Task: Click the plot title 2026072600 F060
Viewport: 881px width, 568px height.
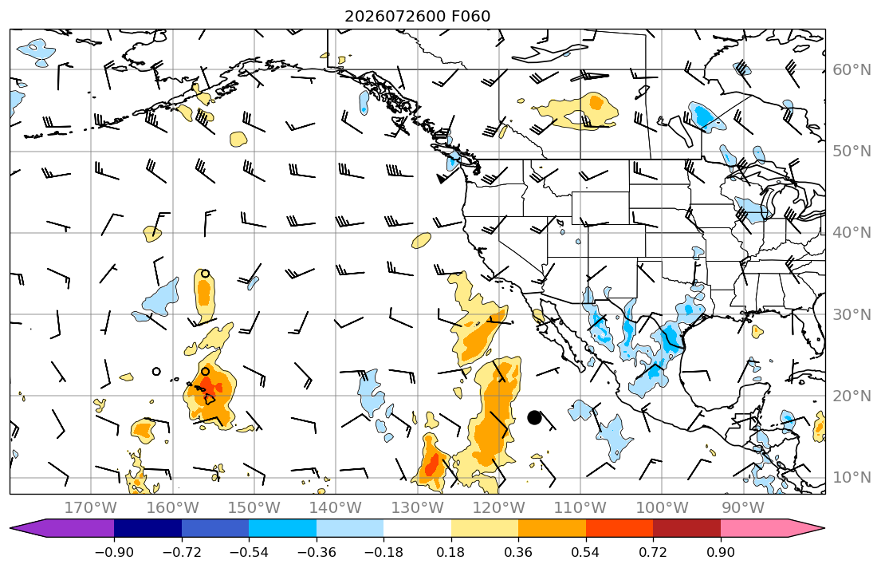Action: click(418, 16)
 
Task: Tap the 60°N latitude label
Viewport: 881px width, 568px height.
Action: click(852, 69)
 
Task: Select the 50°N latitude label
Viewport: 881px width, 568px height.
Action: click(852, 152)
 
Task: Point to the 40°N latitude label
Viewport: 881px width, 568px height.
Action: click(852, 233)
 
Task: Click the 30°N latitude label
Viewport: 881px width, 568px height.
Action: click(852, 314)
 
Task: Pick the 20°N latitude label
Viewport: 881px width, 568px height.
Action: click(852, 396)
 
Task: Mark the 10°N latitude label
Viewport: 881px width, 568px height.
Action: click(852, 478)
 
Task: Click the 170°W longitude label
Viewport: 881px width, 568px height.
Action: click(91, 508)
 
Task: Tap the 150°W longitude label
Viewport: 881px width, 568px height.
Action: click(254, 508)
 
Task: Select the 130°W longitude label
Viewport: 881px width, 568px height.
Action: click(418, 508)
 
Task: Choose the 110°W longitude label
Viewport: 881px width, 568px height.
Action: click(580, 508)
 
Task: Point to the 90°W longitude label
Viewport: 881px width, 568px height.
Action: click(743, 508)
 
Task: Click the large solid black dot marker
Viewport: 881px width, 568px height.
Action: click(534, 418)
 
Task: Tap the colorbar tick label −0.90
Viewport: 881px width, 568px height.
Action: click(114, 552)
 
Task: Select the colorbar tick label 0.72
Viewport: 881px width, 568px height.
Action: click(653, 552)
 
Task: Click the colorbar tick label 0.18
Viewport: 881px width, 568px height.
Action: click(451, 552)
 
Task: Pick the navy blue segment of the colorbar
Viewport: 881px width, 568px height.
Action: click(147, 528)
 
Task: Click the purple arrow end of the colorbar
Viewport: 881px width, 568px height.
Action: click(62, 528)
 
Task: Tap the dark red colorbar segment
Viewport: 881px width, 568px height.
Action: click(686, 528)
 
